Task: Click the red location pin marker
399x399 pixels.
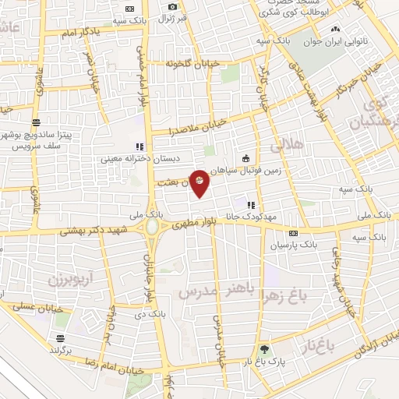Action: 200,182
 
